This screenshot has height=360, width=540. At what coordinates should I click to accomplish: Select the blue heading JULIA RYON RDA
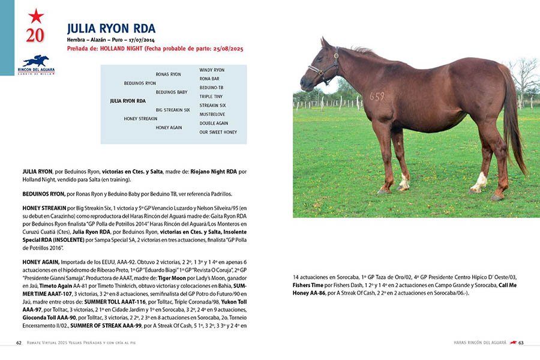[111, 28]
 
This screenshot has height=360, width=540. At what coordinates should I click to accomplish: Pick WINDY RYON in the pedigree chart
[212, 70]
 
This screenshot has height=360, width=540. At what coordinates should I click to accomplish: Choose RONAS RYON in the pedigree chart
[168, 74]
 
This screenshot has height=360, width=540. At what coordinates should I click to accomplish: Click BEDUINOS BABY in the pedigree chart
[172, 92]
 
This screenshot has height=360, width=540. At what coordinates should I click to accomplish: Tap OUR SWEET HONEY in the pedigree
[218, 132]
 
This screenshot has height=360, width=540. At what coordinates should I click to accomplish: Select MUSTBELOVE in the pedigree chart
[212, 114]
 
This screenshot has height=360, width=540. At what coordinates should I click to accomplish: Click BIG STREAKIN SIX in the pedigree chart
[173, 110]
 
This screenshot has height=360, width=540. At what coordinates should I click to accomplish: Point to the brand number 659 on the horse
[377, 96]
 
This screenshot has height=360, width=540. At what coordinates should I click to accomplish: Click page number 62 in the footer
[19, 343]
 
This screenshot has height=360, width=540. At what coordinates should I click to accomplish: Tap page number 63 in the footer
[521, 343]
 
